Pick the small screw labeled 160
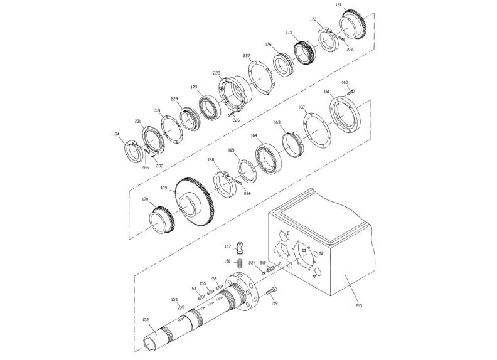tap(350, 92)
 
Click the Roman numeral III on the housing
tap(304, 250)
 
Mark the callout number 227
tap(247, 56)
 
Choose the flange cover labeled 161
tap(343, 115)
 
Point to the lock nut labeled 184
tap(135, 151)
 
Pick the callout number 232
tap(159, 166)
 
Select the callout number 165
tap(231, 151)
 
